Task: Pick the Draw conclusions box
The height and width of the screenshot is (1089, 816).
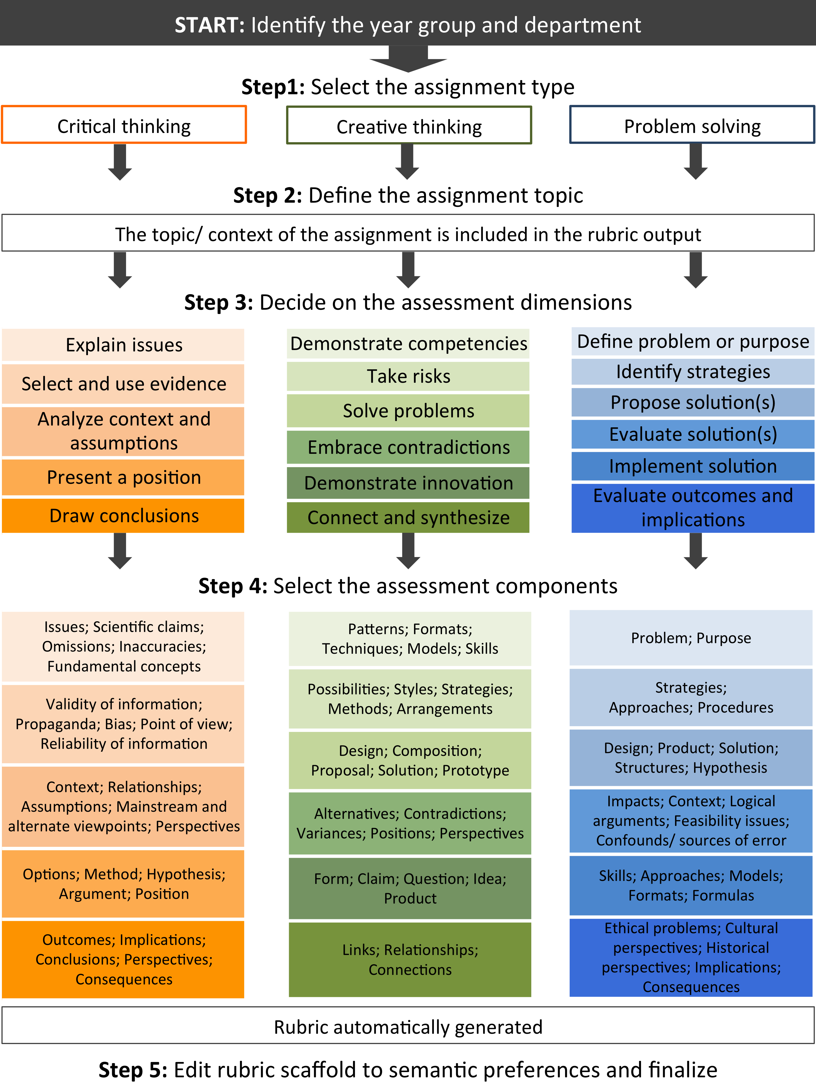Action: pyautogui.click(x=124, y=515)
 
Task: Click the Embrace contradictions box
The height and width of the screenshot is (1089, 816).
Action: pyautogui.click(x=408, y=447)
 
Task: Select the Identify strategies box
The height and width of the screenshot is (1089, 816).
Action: pyautogui.click(x=692, y=372)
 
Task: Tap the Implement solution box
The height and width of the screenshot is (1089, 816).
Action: pyautogui.click(x=692, y=466)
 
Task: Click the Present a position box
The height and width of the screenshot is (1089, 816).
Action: pyautogui.click(x=124, y=477)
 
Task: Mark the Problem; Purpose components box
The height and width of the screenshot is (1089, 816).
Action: pyautogui.click(x=691, y=638)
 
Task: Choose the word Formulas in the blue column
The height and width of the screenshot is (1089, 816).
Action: pyautogui.click(x=723, y=895)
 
